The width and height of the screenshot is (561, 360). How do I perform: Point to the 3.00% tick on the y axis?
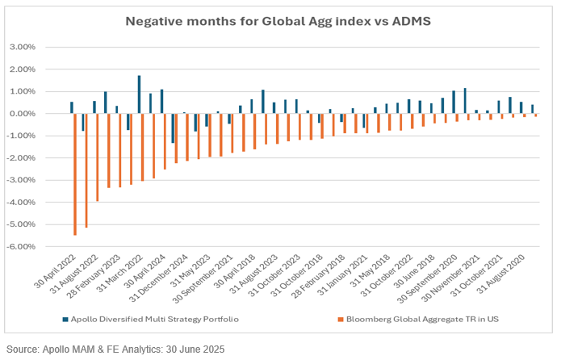(x=22, y=47)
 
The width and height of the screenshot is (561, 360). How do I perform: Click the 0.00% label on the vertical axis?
(x=22, y=114)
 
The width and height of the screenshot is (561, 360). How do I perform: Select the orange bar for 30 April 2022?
(x=75, y=174)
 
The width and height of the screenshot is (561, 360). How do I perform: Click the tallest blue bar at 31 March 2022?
(x=139, y=94)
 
